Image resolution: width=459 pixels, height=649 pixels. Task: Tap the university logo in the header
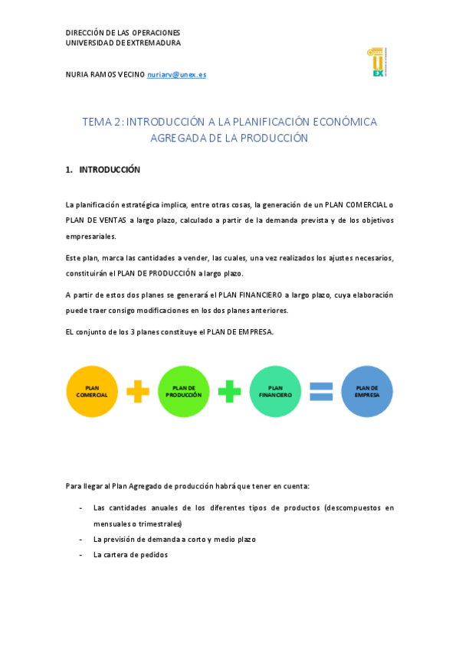click(377, 61)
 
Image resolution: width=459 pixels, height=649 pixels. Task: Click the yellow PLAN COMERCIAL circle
click(92, 391)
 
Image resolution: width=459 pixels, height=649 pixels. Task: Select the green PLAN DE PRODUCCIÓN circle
click(184, 391)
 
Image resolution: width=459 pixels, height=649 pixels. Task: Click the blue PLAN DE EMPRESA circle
click(367, 391)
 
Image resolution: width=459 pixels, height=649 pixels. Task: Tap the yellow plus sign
click(138, 391)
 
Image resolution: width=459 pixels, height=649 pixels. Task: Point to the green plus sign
click(230, 391)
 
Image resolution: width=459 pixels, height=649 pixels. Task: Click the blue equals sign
click(321, 391)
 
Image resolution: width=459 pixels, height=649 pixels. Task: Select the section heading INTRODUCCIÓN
click(110, 170)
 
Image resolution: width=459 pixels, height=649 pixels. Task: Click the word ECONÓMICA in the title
click(344, 122)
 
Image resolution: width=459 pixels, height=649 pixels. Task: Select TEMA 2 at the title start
click(101, 122)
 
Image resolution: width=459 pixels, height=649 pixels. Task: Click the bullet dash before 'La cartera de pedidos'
click(81, 555)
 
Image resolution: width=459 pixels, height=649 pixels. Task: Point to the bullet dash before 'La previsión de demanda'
click(81, 540)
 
